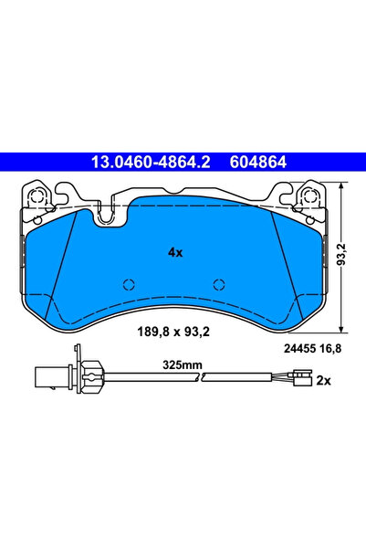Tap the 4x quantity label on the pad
[175, 251]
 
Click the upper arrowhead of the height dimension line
[342, 186]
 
